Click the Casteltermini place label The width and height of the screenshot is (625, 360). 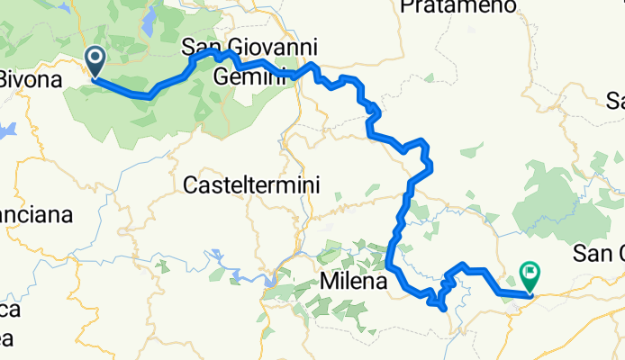(x=251, y=186)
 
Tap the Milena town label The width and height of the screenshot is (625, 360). (x=352, y=282)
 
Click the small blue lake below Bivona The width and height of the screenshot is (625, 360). (x=7, y=131)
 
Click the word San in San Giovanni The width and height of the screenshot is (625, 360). (x=200, y=47)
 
